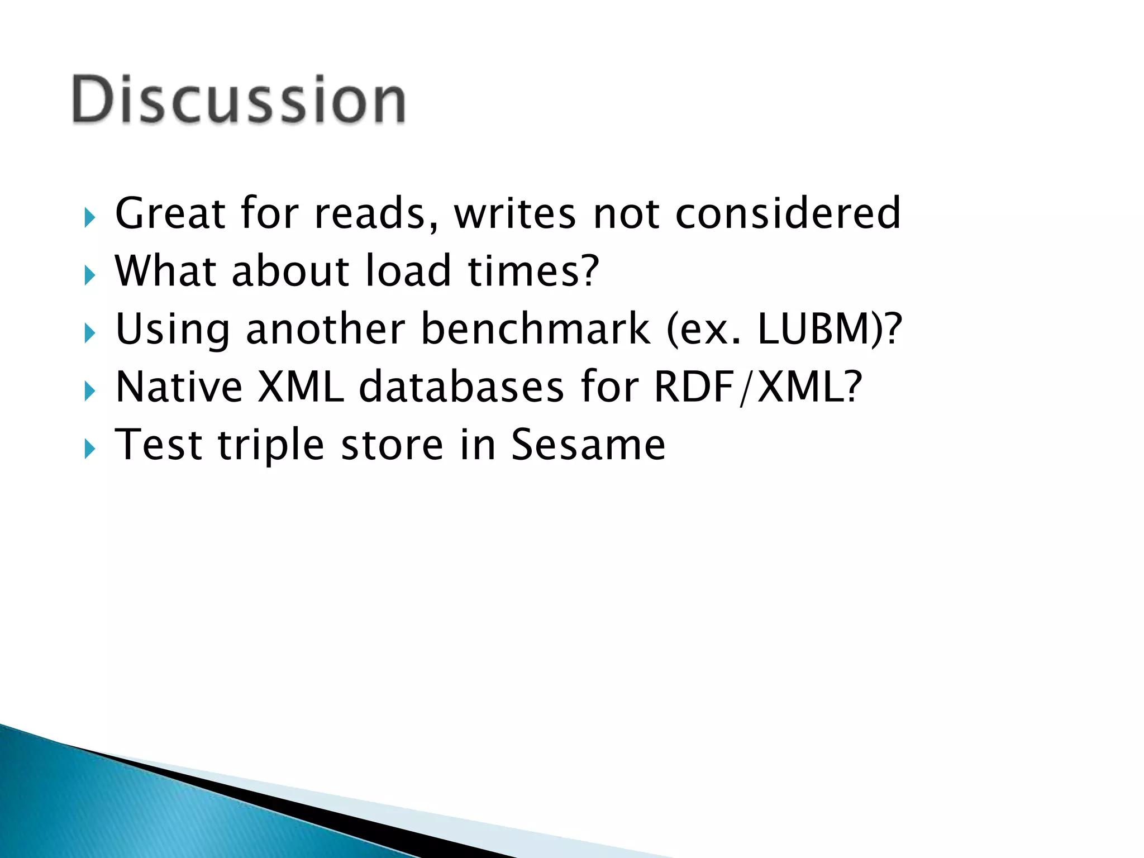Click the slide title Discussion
239,99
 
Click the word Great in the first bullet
170,213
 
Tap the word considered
788,213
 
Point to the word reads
375,213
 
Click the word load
408,271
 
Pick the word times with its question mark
533,271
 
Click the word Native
179,387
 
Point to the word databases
461,387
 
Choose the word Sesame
588,445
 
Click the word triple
271,446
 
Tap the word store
392,445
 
